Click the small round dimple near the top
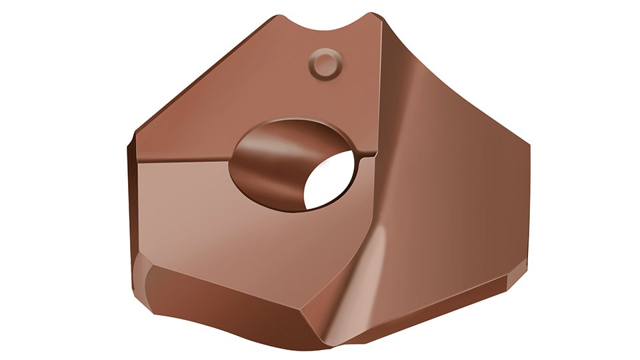click(325, 65)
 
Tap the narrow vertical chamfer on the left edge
click(131, 200)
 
